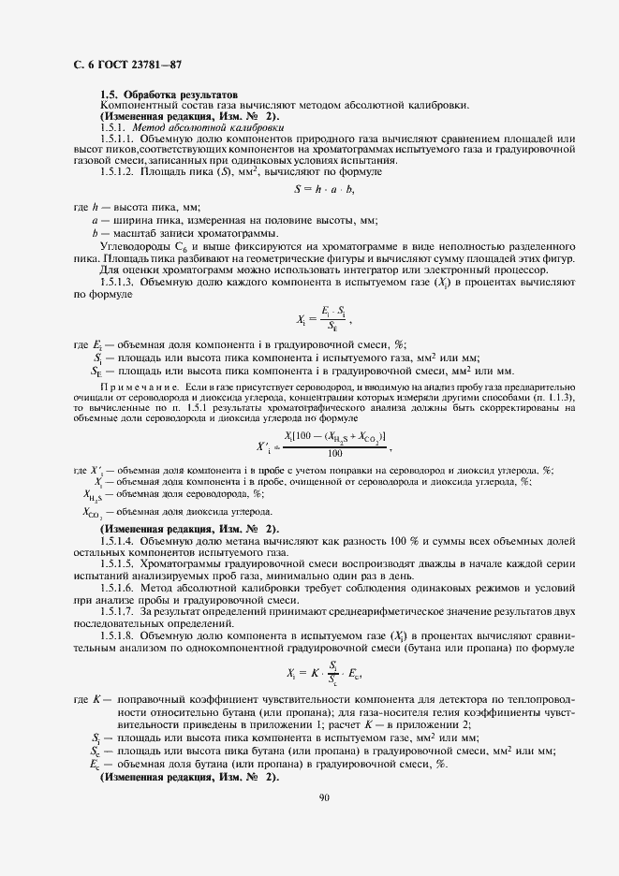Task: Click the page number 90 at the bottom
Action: tap(324, 798)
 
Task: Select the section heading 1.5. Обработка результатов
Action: tap(169, 95)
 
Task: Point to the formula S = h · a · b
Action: tap(324, 189)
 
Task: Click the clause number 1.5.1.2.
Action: tap(117, 172)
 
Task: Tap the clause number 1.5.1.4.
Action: tap(117, 542)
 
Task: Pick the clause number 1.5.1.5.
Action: tap(117, 564)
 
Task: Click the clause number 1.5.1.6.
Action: tap(117, 587)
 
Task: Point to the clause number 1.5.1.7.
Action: tap(117, 609)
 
